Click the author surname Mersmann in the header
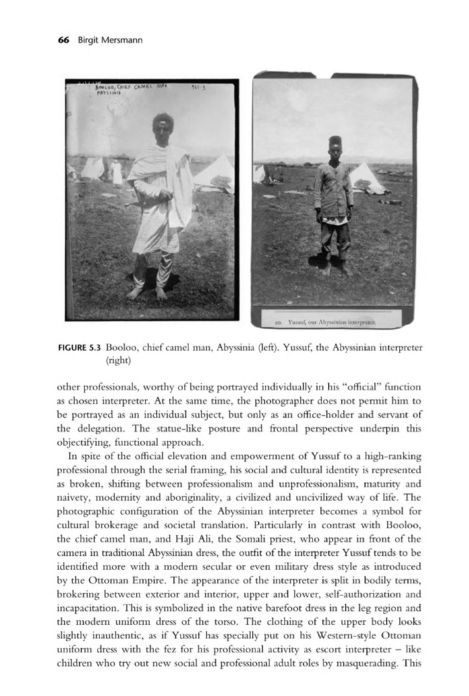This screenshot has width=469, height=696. (120, 40)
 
